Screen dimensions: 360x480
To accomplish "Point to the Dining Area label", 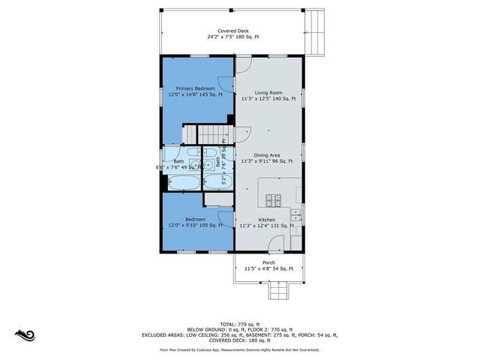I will [x=267, y=154].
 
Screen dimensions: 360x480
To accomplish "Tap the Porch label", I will [x=268, y=262].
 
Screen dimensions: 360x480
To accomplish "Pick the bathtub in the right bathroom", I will [x=216, y=181].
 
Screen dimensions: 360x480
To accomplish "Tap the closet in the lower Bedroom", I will [x=217, y=199].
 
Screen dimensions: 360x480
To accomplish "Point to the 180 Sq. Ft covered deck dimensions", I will [x=233, y=37].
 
